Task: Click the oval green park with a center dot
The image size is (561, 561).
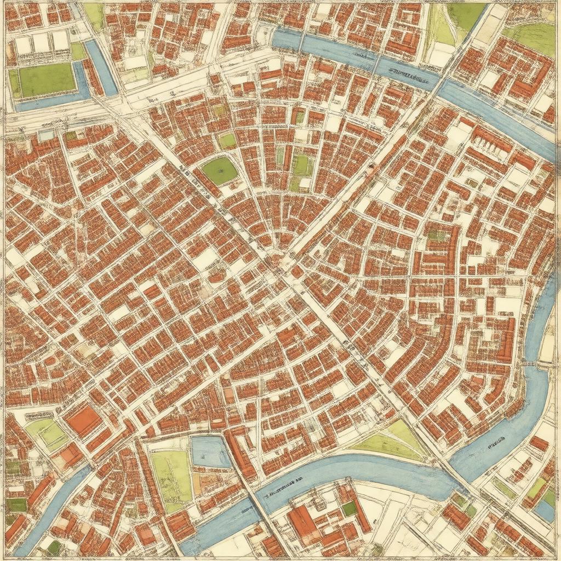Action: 220,171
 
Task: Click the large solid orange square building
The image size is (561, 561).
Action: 84,421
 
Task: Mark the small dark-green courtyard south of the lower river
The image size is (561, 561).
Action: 350,509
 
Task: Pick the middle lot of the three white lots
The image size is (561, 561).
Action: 41,43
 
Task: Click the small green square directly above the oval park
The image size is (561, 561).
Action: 227,141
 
